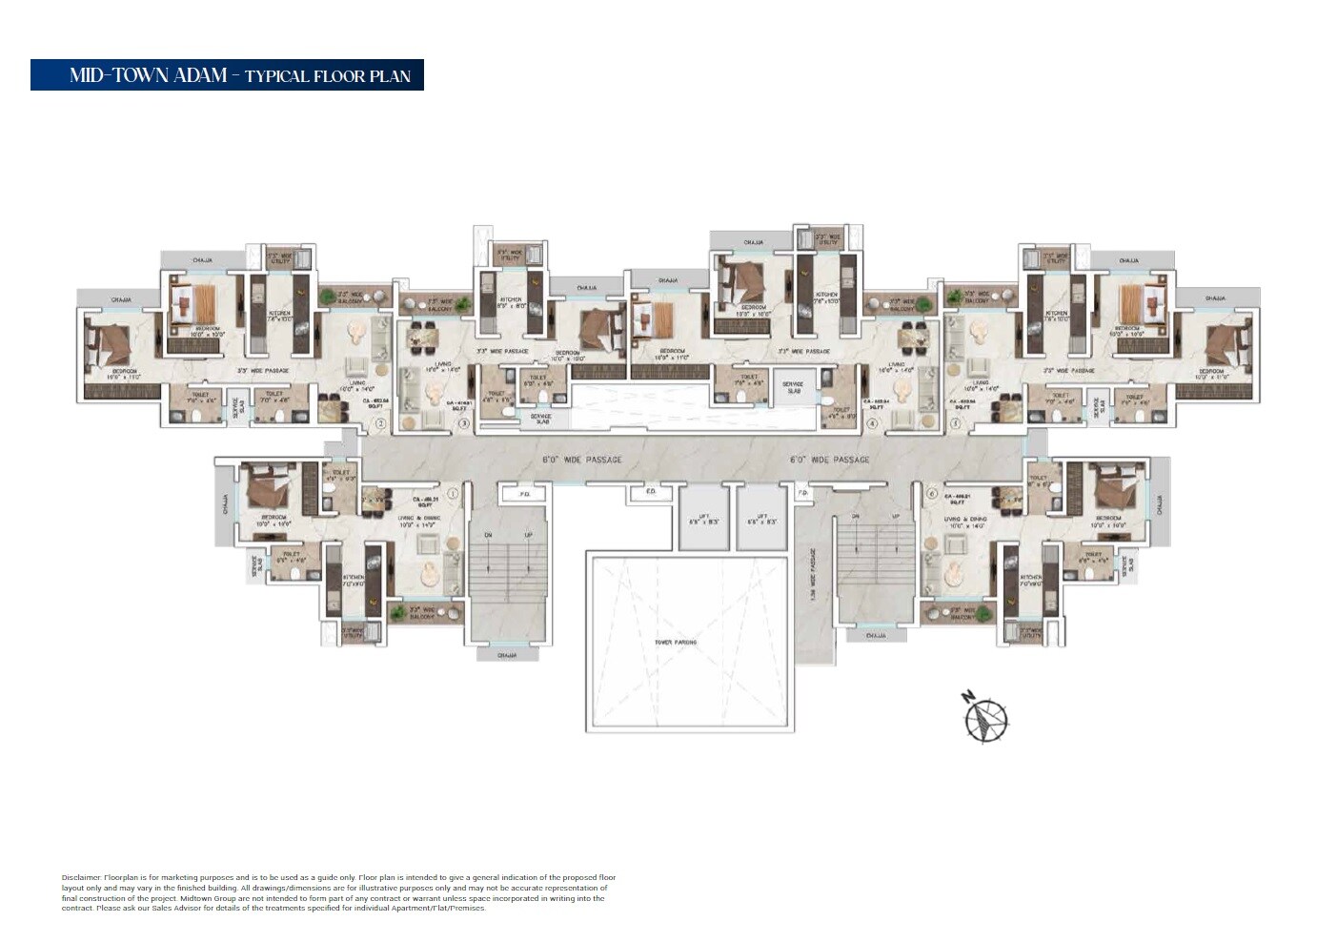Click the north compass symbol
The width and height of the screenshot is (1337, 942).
tap(985, 718)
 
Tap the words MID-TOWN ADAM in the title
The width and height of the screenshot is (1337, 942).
tap(148, 75)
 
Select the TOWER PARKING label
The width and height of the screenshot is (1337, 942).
tap(675, 643)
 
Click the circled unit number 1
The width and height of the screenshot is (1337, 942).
tap(453, 494)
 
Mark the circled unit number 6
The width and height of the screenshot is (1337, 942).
tap(931, 494)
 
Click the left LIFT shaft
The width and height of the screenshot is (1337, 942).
tap(703, 520)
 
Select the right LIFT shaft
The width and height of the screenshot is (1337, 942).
tap(762, 520)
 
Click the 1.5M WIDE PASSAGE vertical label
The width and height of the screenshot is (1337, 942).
tap(813, 573)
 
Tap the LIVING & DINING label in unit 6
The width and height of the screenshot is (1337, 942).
tap(964, 521)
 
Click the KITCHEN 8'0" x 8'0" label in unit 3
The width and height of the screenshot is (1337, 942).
tap(512, 303)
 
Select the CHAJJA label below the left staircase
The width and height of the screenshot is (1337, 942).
tap(507, 655)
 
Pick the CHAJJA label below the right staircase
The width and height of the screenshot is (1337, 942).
tap(875, 636)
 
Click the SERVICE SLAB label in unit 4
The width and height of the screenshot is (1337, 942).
tap(793, 387)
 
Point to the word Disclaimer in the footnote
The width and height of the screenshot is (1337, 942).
tap(81, 877)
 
